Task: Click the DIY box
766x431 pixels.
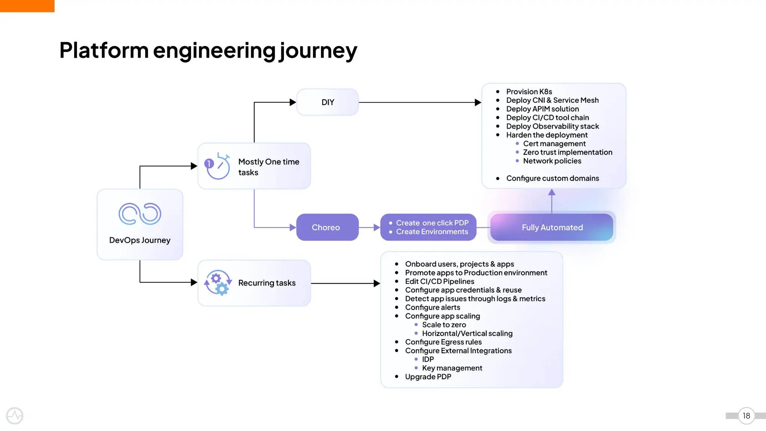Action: click(x=327, y=102)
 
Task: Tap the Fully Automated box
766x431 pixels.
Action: click(x=552, y=227)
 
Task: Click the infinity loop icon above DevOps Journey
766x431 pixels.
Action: click(x=140, y=214)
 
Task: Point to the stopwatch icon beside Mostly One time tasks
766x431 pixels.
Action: click(x=217, y=166)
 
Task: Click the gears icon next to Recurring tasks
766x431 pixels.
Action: click(x=218, y=283)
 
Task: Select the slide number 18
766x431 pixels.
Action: click(x=746, y=416)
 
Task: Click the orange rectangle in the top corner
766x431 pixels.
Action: click(x=27, y=6)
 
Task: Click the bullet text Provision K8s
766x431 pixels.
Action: click(x=529, y=92)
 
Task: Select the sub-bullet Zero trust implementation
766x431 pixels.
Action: click(x=567, y=152)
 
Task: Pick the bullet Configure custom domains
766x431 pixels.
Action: click(x=552, y=178)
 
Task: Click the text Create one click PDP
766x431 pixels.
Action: click(x=432, y=223)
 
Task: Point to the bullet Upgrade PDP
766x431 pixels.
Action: click(x=428, y=377)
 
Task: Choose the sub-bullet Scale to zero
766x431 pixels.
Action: click(x=444, y=325)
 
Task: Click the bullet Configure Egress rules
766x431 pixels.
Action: click(x=443, y=342)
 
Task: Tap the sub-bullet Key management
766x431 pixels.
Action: click(x=452, y=368)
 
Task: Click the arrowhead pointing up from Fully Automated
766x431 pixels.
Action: click(x=552, y=193)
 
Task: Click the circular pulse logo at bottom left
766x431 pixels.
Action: click(x=15, y=416)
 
